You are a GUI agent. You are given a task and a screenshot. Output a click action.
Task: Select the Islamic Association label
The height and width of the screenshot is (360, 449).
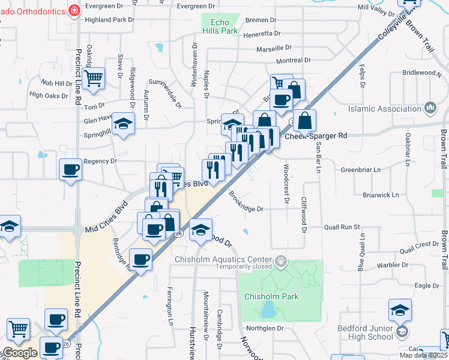point(385,109)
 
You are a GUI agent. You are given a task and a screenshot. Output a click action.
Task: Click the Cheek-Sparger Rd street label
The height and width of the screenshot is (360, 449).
point(316,136)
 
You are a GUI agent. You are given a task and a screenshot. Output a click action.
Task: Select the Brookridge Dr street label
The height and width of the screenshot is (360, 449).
point(246,202)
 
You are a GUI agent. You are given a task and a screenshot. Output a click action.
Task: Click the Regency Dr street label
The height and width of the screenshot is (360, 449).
point(100,161)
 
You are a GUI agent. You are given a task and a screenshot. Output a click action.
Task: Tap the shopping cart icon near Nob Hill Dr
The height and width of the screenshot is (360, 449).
point(94,78)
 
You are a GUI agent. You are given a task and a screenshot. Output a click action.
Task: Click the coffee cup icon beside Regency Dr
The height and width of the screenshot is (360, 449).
point(71,170)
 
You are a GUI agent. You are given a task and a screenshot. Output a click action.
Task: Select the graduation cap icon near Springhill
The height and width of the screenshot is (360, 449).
point(124,124)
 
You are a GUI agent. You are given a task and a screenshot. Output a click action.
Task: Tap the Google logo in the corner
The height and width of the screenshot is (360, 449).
point(20,353)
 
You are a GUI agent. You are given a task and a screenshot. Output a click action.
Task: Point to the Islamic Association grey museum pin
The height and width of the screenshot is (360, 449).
point(430,108)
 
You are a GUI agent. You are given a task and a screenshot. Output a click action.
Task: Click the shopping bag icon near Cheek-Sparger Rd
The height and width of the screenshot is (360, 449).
point(305,121)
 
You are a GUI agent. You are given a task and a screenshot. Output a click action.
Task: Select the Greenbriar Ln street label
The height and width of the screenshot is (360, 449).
point(361,170)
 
